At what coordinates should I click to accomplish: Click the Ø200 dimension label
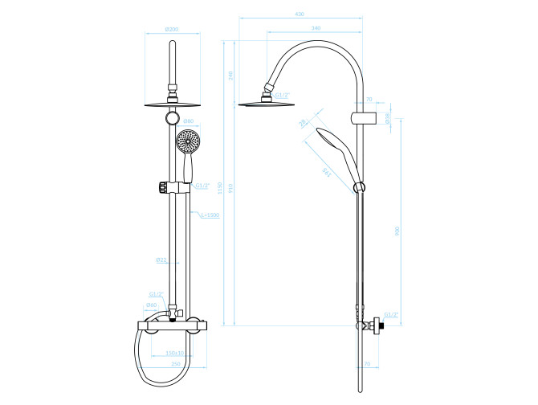tap(171, 29)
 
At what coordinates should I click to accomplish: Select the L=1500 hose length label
tap(208, 215)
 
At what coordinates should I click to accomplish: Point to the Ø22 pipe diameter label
tap(161, 260)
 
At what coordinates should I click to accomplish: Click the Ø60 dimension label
tap(151, 305)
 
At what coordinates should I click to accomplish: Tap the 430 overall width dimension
tap(299, 14)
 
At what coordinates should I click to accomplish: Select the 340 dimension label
tap(316, 29)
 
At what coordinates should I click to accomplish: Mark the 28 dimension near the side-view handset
tap(302, 123)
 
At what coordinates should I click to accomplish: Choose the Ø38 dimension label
tap(387, 118)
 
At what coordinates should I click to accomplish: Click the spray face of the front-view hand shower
tap(186, 141)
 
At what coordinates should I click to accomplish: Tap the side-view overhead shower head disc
tap(263, 102)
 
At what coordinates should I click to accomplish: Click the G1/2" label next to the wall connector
tap(391, 314)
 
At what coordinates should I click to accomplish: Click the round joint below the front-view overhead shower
tap(170, 119)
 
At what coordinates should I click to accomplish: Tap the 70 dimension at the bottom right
tap(367, 364)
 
